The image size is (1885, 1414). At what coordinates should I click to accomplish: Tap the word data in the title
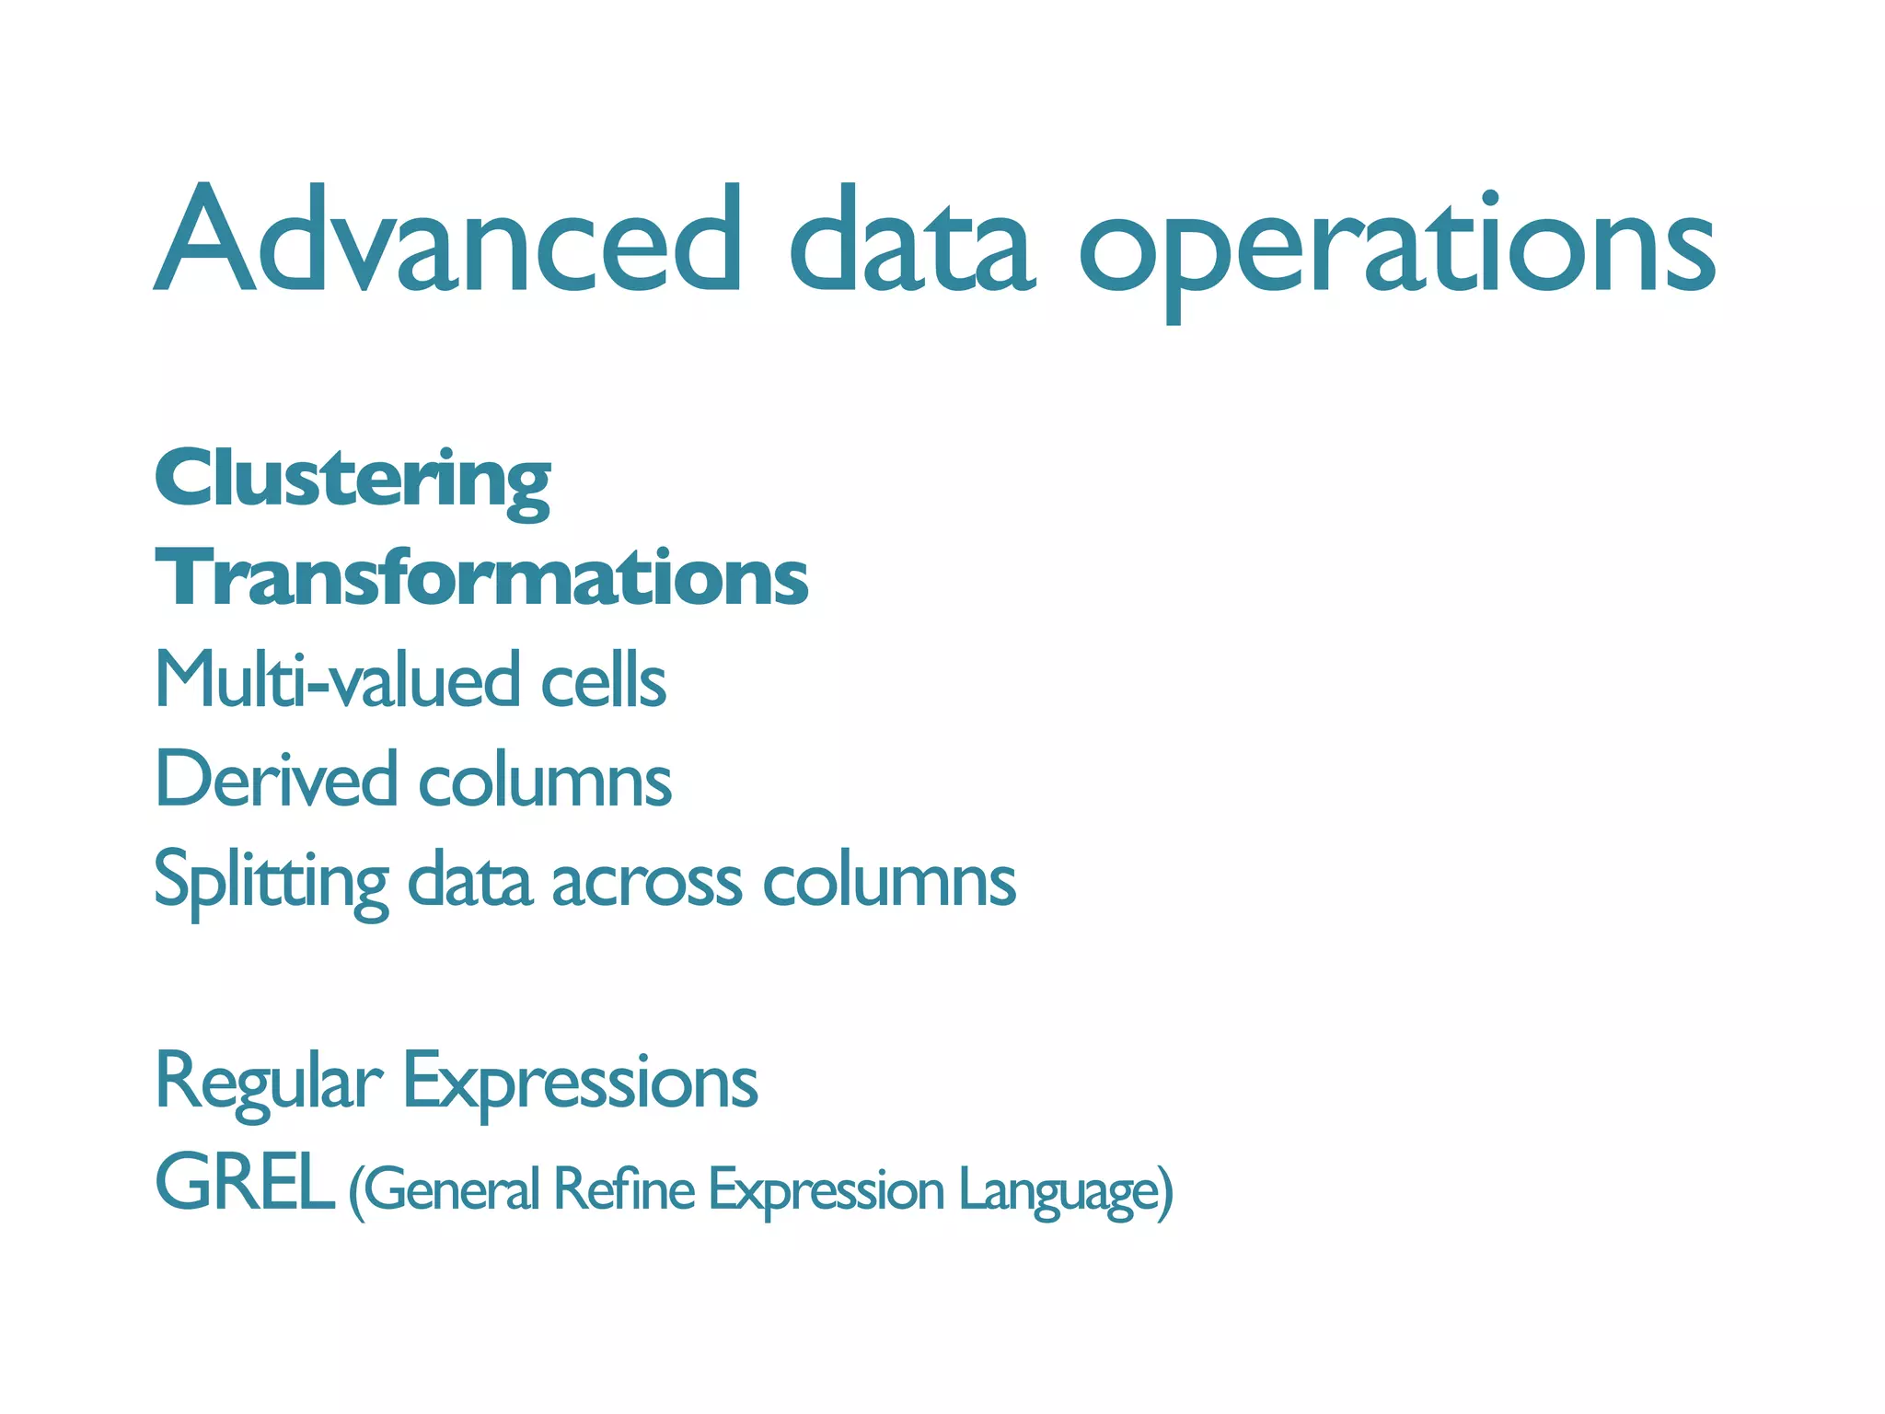(x=911, y=241)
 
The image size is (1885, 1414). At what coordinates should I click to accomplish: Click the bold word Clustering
(x=353, y=481)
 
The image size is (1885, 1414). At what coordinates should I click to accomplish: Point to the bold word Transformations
(x=481, y=578)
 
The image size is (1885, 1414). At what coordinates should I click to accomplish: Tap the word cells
(x=603, y=681)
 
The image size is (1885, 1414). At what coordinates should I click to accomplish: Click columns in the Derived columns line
(x=545, y=781)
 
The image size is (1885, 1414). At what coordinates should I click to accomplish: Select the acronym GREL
(x=244, y=1184)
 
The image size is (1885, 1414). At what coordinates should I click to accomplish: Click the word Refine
(x=624, y=1189)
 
